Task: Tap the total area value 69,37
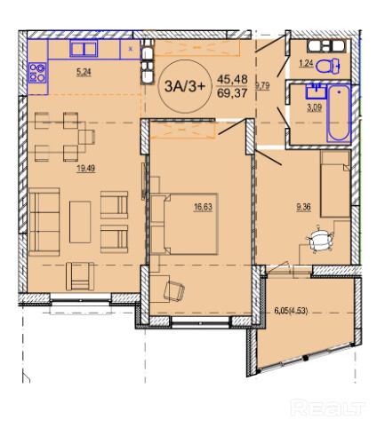[232, 93]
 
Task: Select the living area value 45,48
[232, 79]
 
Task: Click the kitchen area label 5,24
[84, 72]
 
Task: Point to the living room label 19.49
[85, 169]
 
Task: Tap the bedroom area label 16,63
[203, 207]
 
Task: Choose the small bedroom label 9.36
[303, 207]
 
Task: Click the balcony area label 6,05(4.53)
[291, 311]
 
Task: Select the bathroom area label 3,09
[314, 107]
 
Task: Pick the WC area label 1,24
[306, 63]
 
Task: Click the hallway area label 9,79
[262, 86]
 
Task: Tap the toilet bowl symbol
[327, 66]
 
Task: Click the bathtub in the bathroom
[339, 114]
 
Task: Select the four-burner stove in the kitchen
[37, 73]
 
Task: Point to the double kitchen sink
[84, 49]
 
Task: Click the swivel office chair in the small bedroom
[319, 239]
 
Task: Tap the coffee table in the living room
[80, 222]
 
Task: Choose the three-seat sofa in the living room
[44, 222]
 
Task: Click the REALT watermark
[327, 408]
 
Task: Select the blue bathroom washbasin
[316, 91]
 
